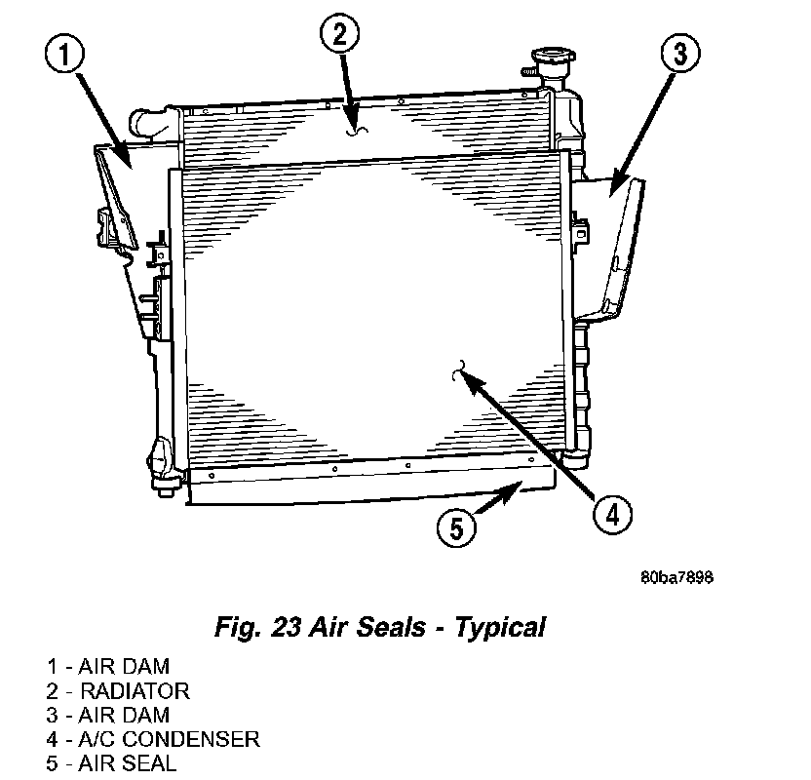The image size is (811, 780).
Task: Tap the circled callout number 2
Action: pos(338,37)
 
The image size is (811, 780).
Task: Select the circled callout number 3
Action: pos(679,56)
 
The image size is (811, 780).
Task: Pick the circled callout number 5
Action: pos(456,528)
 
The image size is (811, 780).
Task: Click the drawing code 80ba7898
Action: pos(676,577)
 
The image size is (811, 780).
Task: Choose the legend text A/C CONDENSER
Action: pos(171,739)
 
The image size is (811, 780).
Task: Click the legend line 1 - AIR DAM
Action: pos(107,667)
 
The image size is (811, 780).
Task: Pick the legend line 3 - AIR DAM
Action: pos(107,716)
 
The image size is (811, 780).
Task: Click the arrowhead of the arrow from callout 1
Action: pos(124,154)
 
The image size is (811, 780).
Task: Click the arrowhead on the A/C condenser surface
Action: pos(469,378)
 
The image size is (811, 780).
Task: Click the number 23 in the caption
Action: pos(283,627)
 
